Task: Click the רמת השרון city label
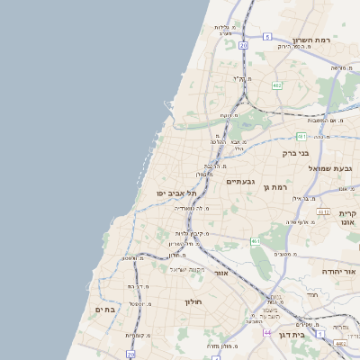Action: point(312,40)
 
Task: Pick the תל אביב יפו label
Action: point(169,193)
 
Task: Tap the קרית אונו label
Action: point(348,219)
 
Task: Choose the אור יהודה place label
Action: point(339,270)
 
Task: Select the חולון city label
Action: point(195,301)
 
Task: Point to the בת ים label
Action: point(105,309)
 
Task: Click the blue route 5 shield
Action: point(267,37)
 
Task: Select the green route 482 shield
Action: point(276,85)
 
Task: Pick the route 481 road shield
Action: point(301,136)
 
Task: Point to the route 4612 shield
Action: point(323,212)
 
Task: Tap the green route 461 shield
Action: point(256,241)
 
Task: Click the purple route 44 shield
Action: point(266,332)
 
